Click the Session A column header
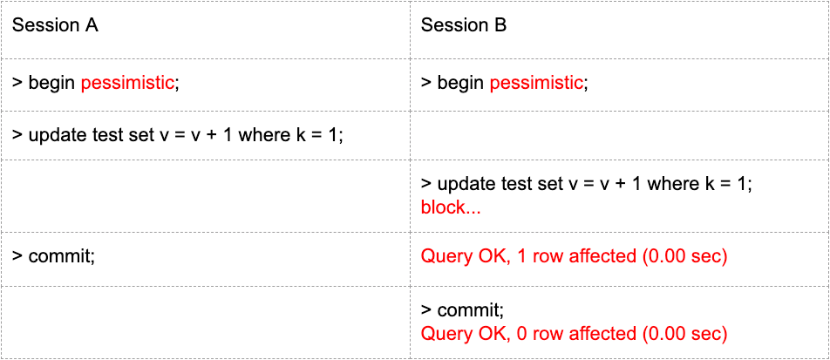55,25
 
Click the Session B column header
464,25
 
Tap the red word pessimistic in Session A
127,83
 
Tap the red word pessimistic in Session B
535,83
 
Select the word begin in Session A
51,83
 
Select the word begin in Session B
460,83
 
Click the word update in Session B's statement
463,184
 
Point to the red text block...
451,207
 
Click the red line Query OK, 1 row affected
575,257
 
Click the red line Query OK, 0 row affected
575,334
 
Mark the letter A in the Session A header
91,25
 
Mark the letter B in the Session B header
500,25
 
